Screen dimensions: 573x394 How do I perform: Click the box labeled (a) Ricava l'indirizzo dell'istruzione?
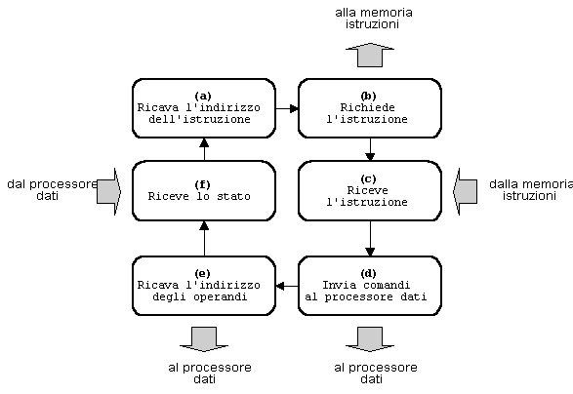[204, 108]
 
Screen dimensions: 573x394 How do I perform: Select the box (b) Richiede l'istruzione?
[370, 108]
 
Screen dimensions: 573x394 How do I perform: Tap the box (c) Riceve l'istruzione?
[370, 190]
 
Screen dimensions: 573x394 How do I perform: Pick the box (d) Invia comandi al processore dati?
[370, 286]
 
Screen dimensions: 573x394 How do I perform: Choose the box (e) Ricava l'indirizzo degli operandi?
[204, 286]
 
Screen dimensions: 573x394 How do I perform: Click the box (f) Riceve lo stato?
[204, 190]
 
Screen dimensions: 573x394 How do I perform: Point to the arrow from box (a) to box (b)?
[287, 108]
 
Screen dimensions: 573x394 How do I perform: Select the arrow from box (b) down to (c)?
[370, 149]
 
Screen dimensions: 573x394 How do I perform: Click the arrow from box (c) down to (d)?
[370, 238]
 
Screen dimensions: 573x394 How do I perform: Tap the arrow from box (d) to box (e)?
[287, 286]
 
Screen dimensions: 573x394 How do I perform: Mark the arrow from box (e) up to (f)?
[204, 238]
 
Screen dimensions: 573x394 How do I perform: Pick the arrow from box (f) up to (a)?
[204, 149]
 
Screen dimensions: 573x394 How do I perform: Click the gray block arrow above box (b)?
[370, 56]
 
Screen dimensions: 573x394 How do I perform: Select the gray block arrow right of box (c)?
[465, 191]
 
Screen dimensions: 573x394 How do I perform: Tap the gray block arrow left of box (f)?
[109, 191]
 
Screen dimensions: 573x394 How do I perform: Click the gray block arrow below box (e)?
[204, 339]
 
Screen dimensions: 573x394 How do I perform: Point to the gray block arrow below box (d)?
[370, 339]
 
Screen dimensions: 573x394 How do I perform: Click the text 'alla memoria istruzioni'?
[374, 19]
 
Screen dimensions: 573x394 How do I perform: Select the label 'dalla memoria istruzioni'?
[531, 190]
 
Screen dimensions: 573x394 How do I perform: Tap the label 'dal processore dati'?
[53, 190]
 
